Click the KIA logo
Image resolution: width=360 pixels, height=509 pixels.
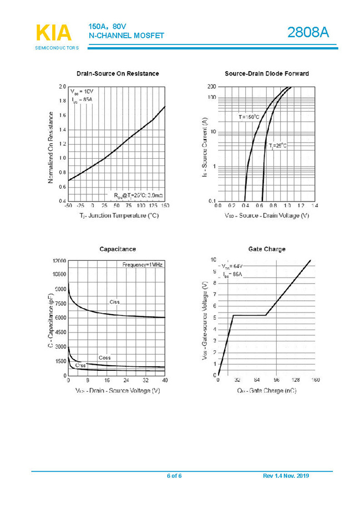pyautogui.click(x=54, y=33)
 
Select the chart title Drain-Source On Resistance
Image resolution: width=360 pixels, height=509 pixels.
pyautogui.click(x=118, y=74)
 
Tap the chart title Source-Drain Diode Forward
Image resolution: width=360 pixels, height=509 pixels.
pyautogui.click(x=266, y=74)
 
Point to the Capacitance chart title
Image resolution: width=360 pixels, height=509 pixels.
pyautogui.click(x=117, y=249)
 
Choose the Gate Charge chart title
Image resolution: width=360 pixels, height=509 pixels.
pyautogui.click(x=267, y=249)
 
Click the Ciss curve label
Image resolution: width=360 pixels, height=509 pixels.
pyautogui.click(x=114, y=302)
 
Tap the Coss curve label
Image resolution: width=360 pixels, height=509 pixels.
pyautogui.click(x=104, y=357)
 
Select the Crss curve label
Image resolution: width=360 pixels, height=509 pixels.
pyautogui.click(x=80, y=366)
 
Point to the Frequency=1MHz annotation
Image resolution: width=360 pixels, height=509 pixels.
pyautogui.click(x=142, y=265)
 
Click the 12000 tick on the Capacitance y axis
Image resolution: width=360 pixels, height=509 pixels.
pyautogui.click(x=59, y=260)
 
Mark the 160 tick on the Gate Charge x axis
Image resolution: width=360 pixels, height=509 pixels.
pyautogui.click(x=315, y=380)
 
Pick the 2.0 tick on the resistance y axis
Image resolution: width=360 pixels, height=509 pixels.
pyautogui.click(x=62, y=87)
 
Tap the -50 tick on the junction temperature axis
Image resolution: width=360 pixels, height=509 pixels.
pyautogui.click(x=68, y=206)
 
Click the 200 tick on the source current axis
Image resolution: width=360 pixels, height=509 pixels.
pyautogui.click(x=211, y=87)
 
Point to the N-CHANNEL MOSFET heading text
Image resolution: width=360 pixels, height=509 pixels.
pyautogui.click(x=126, y=36)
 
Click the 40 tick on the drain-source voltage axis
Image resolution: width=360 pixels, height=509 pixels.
pyautogui.click(x=165, y=380)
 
